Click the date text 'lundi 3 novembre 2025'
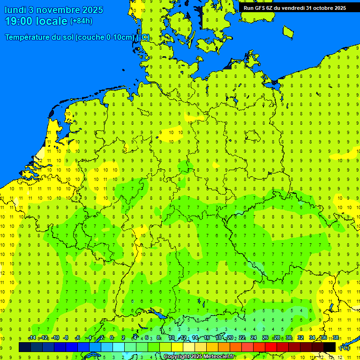click(54, 10)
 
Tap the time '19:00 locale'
click(37, 21)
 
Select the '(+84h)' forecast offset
click(81, 21)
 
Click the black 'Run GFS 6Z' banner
click(294, 7)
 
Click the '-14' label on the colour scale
click(32, 338)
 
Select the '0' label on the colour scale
click(112, 338)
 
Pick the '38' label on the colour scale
click(336, 338)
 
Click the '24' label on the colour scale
click(254, 338)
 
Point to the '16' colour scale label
click(207, 338)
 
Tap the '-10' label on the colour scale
click(55, 338)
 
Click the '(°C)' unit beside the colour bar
click(345, 348)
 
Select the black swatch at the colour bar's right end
click(330, 347)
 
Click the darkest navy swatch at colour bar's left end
click(25, 347)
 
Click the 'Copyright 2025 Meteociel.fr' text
click(199, 356)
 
